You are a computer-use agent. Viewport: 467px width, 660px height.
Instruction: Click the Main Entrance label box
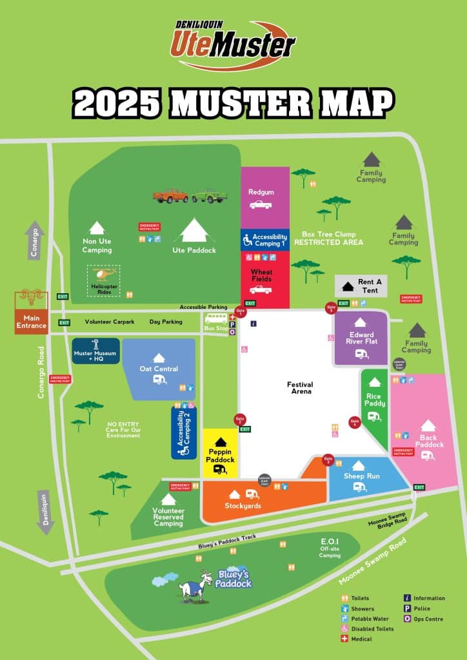[32, 322]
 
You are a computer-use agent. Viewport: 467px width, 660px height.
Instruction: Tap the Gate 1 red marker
[241, 311]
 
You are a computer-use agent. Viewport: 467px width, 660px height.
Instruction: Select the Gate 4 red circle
[354, 423]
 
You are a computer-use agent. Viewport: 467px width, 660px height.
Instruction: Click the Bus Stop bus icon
[216, 318]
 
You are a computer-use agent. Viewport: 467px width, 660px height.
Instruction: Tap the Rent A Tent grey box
[361, 285]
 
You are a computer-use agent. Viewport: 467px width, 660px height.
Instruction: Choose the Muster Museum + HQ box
[95, 351]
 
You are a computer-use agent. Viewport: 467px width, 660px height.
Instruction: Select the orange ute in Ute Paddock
[170, 195]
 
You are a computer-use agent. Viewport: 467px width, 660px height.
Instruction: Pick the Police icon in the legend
[407, 608]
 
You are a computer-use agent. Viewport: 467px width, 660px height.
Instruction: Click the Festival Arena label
[299, 388]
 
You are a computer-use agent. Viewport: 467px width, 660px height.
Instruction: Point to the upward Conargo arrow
[36, 240]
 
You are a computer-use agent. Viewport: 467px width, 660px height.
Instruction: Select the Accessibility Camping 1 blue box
[265, 240]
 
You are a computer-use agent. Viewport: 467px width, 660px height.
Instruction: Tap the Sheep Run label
[362, 476]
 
